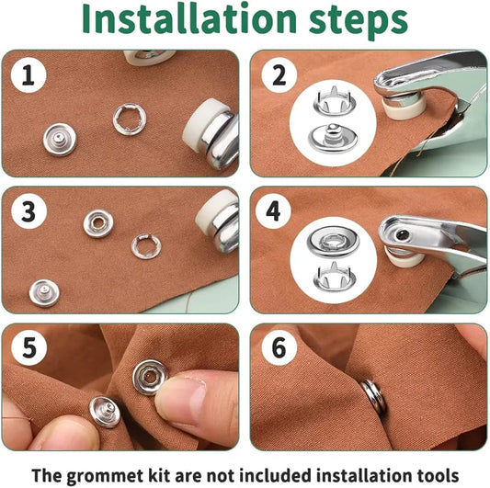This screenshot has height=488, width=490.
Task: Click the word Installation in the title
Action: click(188, 19)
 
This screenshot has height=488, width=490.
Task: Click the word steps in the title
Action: click(359, 22)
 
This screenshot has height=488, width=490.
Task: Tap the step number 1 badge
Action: click(28, 75)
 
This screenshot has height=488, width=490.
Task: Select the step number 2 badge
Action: click(279, 75)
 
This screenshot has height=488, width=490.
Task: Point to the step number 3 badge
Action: click(28, 211)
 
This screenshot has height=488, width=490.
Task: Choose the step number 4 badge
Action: click(273, 211)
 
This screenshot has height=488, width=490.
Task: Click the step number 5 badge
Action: click(29, 347)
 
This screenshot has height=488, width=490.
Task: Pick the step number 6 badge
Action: click(279, 347)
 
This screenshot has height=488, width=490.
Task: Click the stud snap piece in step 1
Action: click(60, 140)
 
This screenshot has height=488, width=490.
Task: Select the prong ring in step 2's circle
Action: click(335, 100)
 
